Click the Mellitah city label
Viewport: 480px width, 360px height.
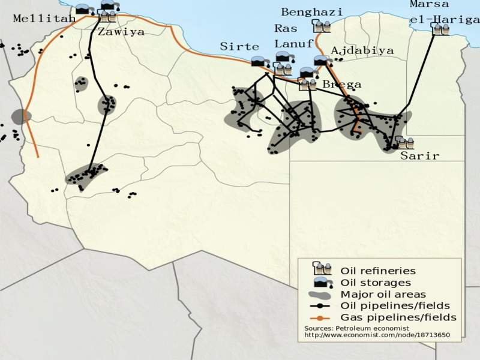(x=44, y=19)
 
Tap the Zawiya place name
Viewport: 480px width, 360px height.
(x=121, y=32)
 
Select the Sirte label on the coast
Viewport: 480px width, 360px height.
(x=239, y=46)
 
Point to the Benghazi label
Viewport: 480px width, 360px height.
(x=312, y=12)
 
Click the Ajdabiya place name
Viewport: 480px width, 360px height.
(x=362, y=50)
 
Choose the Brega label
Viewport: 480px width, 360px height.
(x=342, y=85)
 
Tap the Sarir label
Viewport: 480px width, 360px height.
(x=419, y=156)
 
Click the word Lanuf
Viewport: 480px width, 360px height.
(x=293, y=43)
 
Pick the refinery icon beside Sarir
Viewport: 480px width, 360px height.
(x=406, y=143)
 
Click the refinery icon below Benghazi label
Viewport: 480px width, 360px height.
(x=322, y=26)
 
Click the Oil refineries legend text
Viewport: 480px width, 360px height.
(x=377, y=271)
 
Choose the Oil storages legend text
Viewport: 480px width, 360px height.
(x=376, y=283)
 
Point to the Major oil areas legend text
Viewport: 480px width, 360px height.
(x=383, y=294)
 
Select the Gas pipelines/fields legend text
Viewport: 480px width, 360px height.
(x=398, y=317)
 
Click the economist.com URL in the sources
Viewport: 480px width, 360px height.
(x=377, y=335)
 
